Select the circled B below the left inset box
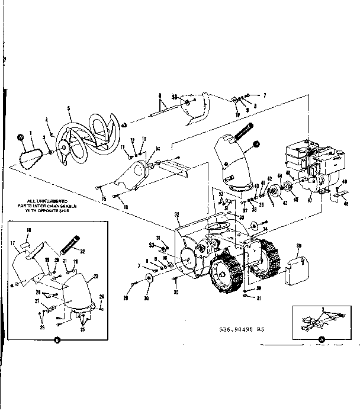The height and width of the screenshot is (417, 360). pos(57,340)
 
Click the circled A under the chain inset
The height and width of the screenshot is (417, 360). pos(322,340)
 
